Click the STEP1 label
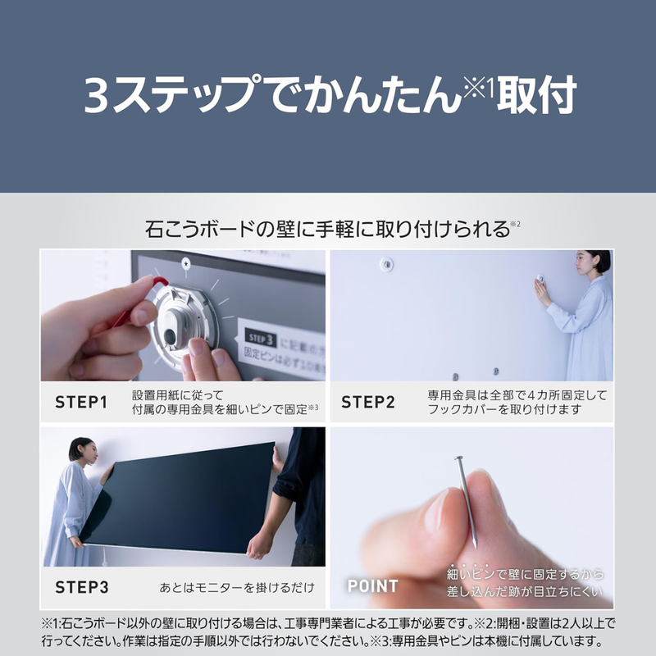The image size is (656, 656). pyautogui.click(x=81, y=402)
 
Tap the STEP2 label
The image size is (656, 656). pyautogui.click(x=368, y=402)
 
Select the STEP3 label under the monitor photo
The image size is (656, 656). pyautogui.click(x=81, y=587)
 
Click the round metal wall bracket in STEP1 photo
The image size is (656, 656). pyautogui.click(x=183, y=321)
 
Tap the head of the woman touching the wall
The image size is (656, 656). pyautogui.click(x=596, y=262)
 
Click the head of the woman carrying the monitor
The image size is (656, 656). pyautogui.click(x=81, y=449)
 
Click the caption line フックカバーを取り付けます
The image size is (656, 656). pyautogui.click(x=504, y=409)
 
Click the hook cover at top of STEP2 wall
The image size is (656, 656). pyautogui.click(x=386, y=264)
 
